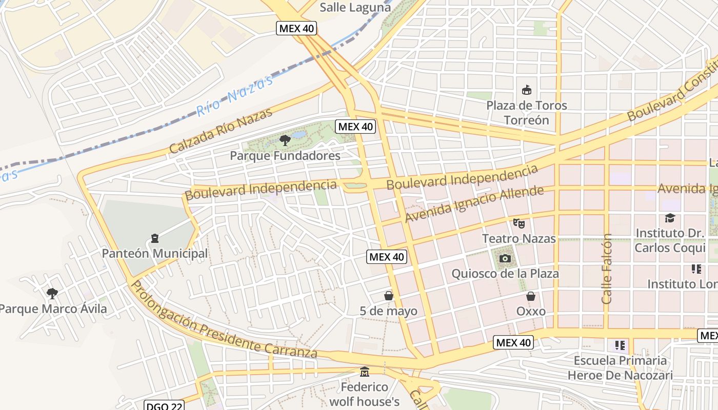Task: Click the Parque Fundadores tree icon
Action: click(x=285, y=140)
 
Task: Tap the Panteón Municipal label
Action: click(x=155, y=253)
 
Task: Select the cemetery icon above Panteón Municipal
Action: click(x=155, y=238)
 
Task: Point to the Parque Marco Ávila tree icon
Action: click(x=52, y=293)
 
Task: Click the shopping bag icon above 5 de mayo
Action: click(x=389, y=296)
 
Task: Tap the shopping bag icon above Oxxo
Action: click(x=531, y=296)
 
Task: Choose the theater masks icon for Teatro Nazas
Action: click(x=519, y=223)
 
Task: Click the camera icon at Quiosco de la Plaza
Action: click(x=505, y=258)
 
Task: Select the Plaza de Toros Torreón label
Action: click(x=527, y=113)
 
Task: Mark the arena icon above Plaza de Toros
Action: click(x=527, y=90)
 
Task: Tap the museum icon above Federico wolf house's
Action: click(x=365, y=371)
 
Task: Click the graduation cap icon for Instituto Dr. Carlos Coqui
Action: click(x=670, y=218)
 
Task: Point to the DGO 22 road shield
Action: click(x=164, y=406)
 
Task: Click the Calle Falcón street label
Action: click(x=607, y=269)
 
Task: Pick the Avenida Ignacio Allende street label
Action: click(x=474, y=204)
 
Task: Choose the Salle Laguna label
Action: click(x=355, y=7)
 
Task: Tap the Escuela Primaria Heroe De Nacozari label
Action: click(x=620, y=368)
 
